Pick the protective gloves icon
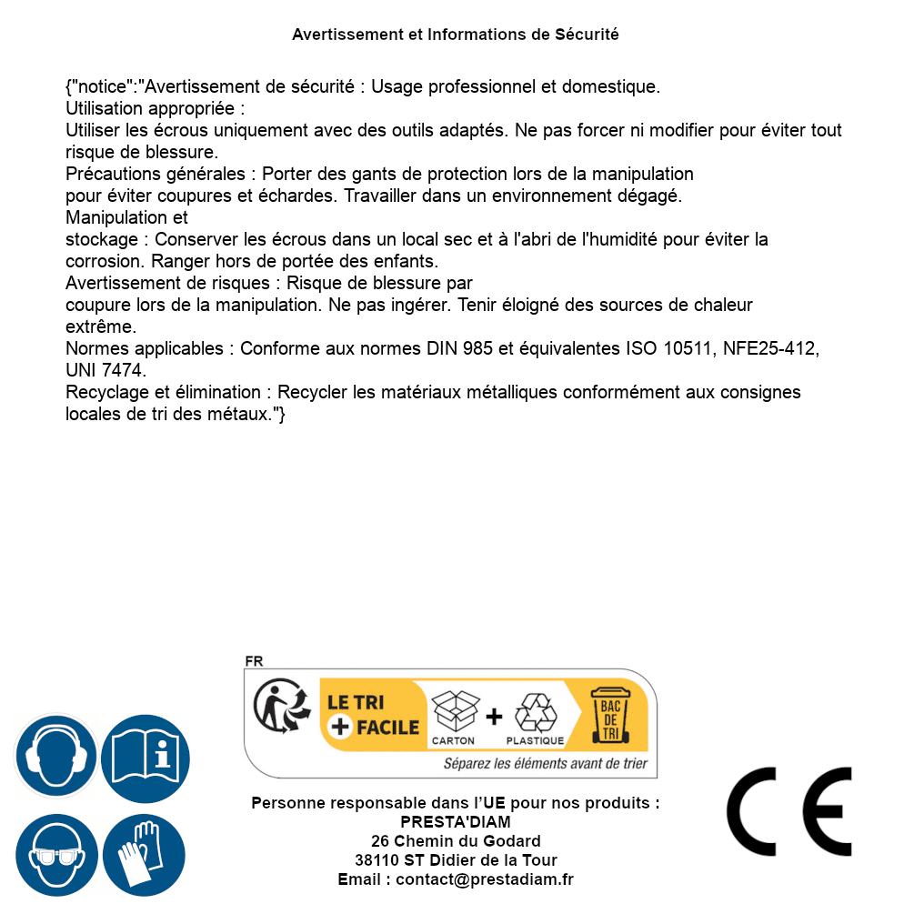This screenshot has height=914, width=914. (146, 856)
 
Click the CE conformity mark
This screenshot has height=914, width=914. (789, 812)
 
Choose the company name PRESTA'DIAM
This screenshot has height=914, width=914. (455, 822)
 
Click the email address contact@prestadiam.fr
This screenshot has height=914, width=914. (485, 879)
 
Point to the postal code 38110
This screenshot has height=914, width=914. (377, 860)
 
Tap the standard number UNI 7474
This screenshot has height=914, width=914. (105, 371)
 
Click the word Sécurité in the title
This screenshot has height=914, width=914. (587, 35)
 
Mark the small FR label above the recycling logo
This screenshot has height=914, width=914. (254, 661)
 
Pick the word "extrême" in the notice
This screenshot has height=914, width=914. (101, 326)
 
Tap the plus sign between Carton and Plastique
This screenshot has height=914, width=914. (494, 716)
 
